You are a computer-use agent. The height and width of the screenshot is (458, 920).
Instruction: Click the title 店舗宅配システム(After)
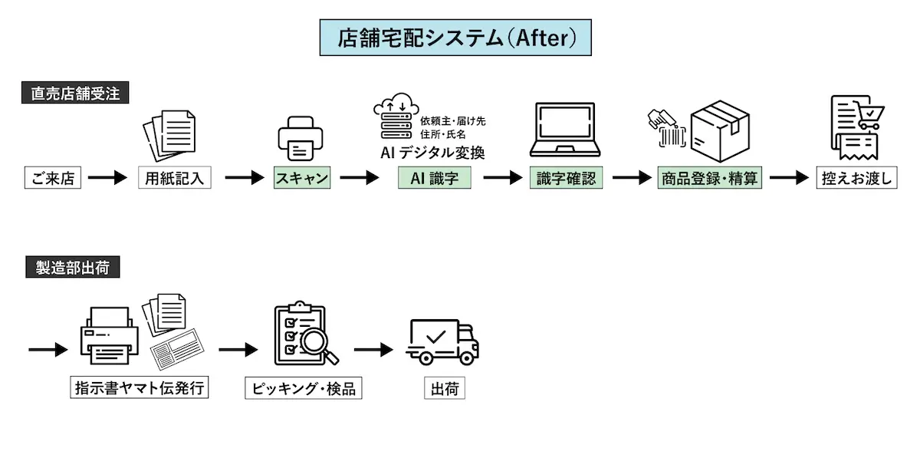[455, 38]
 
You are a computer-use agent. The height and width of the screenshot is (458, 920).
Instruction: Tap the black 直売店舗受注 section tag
[74, 94]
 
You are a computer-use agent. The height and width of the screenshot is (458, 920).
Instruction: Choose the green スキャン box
[302, 179]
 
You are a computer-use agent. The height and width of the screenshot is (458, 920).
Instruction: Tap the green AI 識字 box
[435, 179]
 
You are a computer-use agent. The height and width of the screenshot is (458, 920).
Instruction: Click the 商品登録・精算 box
[710, 179]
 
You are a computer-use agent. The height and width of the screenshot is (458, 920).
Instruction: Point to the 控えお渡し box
[856, 179]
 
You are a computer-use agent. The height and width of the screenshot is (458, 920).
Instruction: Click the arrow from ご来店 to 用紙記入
[107, 179]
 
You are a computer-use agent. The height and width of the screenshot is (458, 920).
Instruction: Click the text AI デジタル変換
[433, 152]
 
